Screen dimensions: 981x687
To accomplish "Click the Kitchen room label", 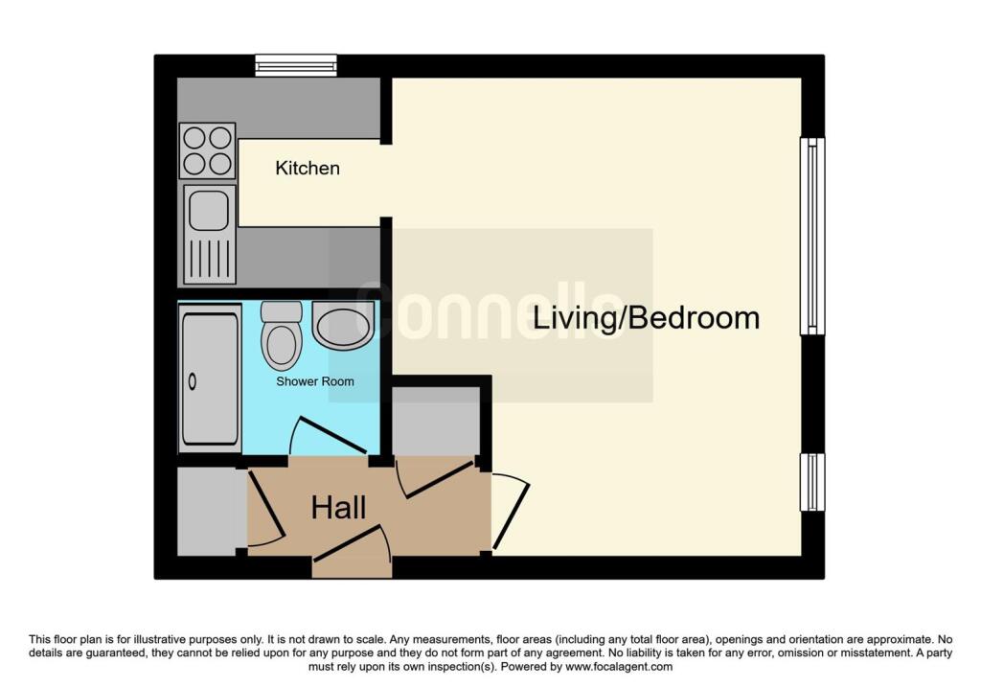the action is point(308,168).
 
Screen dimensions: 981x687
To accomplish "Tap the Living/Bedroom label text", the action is point(646,318).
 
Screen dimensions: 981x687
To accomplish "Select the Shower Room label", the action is point(315,381).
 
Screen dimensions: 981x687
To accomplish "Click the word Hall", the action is point(338,508).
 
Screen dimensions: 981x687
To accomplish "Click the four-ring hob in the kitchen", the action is point(208,150).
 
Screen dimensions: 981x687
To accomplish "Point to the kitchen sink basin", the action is point(208,210).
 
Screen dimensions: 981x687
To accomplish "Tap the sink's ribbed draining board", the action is point(209,258).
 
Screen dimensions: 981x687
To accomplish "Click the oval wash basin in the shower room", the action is point(343,326).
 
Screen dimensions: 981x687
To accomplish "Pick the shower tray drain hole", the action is point(192,380).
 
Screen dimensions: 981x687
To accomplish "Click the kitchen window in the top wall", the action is point(296,65).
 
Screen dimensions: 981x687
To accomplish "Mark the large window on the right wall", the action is point(812,236).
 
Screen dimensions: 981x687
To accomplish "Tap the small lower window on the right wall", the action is point(812,482).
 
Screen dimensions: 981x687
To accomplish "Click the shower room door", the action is point(328,435).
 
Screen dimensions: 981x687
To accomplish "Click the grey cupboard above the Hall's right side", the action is point(436,421).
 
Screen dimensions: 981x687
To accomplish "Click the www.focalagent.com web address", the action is point(619,666).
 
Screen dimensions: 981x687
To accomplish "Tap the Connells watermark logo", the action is point(491,314).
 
